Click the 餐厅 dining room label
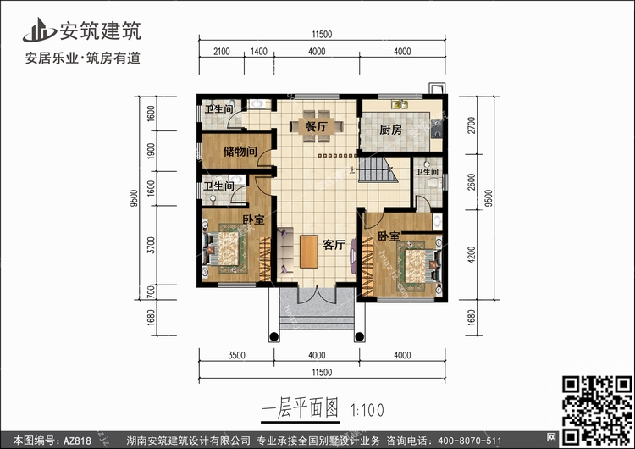pyautogui.click(x=317, y=126)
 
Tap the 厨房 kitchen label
pyautogui.click(x=391, y=130)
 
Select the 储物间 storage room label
pyautogui.click(x=240, y=152)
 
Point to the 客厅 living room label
pyautogui.click(x=334, y=244)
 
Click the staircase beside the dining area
pyautogui.click(x=376, y=169)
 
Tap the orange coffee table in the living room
pyautogui.click(x=309, y=252)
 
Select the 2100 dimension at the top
pyautogui.click(x=222, y=52)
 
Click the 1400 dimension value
pyautogui.click(x=259, y=52)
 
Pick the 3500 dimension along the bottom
pyautogui.click(x=236, y=356)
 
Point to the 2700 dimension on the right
pyautogui.click(x=471, y=125)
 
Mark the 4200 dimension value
pyautogui.click(x=471, y=255)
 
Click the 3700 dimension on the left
pyautogui.click(x=151, y=245)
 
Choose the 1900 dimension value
pyautogui.click(x=151, y=151)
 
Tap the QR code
pyautogui.click(x=596, y=410)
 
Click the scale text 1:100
pyautogui.click(x=367, y=411)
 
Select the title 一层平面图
pyautogui.click(x=300, y=407)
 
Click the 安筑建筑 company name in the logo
pyautogui.click(x=101, y=30)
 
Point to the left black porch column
pyautogui.click(x=273, y=336)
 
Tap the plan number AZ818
pyautogui.click(x=77, y=441)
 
